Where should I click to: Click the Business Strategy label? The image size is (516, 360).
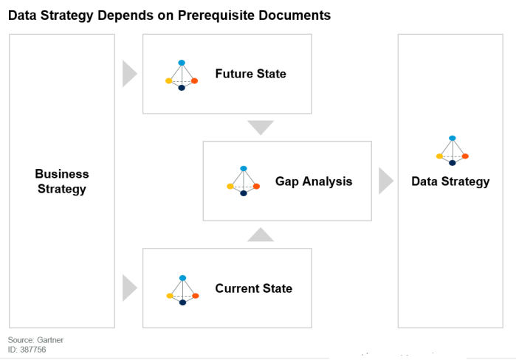coord(62,181)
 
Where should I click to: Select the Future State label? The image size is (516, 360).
coord(251,74)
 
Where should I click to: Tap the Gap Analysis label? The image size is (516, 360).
coord(314,181)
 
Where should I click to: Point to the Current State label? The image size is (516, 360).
coord(254,288)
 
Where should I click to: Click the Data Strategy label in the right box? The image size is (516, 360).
coord(450,181)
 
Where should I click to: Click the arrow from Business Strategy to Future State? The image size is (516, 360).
coord(129,74)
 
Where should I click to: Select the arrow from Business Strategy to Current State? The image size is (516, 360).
coord(129,288)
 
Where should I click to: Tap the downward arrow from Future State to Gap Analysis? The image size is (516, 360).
coord(261,127)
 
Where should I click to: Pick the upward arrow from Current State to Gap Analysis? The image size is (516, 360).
coord(261,235)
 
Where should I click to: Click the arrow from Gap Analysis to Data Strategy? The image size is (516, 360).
coord(385,181)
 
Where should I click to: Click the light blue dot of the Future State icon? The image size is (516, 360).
coord(182,63)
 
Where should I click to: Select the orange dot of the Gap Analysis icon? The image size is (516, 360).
coord(256,187)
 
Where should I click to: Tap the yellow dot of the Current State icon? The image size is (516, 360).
coord(170,296)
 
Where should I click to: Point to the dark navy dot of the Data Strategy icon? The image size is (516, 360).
coord(453,163)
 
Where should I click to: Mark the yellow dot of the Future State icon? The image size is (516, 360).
coord(169,81)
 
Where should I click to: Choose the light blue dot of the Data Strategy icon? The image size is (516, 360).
coord(453,139)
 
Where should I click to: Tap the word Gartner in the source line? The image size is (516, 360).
coord(50,340)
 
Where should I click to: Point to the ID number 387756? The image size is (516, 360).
coord(33,350)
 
